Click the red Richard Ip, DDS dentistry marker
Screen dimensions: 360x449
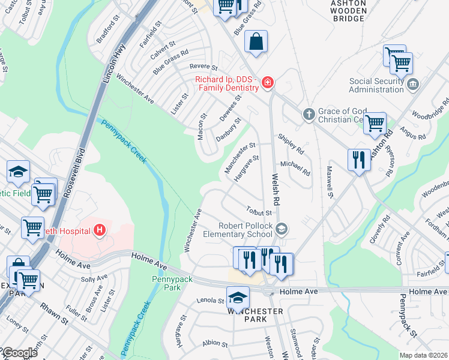coord(268,82)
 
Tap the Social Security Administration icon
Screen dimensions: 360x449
coord(412,83)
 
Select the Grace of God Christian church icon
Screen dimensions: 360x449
coord(309,114)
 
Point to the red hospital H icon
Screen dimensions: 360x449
coord(100,230)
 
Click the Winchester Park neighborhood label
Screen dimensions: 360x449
coord(255,314)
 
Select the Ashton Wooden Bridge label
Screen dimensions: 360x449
coord(348,11)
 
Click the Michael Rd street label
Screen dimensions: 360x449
coord(295,168)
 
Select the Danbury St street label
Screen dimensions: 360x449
coord(229,130)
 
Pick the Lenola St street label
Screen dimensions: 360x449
coord(210,301)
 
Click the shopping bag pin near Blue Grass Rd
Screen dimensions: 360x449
coord(256,43)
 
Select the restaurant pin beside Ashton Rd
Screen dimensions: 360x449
coord(359,160)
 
